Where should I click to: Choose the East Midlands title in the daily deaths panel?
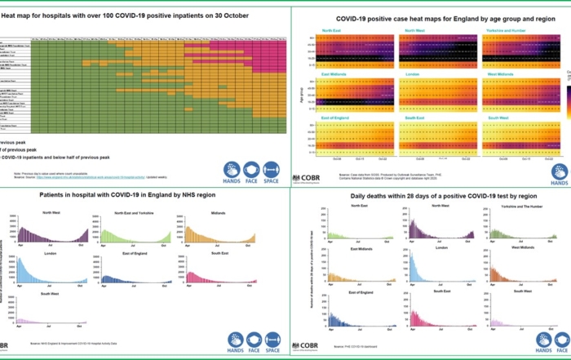[339, 248]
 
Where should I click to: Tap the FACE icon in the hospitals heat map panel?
[251, 172]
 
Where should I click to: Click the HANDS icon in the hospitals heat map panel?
[232, 172]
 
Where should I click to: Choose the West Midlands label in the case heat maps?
[503, 74]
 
